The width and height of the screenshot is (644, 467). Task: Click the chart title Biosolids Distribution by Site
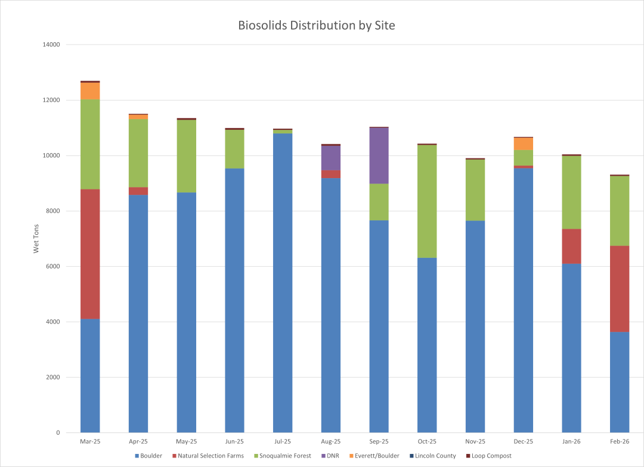317,26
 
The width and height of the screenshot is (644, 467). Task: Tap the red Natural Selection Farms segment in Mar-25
90,254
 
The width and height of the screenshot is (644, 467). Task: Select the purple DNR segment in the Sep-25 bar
379,155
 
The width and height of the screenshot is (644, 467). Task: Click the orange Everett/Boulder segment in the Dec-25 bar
523,144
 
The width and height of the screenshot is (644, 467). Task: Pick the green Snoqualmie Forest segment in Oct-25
427,201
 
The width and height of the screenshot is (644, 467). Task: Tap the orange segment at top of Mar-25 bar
90,91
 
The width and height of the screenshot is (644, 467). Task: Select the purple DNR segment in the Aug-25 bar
331,158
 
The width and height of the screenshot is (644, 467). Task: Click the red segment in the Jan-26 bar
571,246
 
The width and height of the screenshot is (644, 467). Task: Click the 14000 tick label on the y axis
52,45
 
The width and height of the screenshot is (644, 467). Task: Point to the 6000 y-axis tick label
54,266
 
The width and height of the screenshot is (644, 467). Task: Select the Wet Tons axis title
36,239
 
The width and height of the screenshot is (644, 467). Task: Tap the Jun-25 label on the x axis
234,442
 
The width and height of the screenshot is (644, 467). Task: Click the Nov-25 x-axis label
475,442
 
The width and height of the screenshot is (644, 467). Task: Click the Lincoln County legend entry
435,456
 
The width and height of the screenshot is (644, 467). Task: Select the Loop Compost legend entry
491,456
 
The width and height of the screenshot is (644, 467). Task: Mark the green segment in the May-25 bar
187,156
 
